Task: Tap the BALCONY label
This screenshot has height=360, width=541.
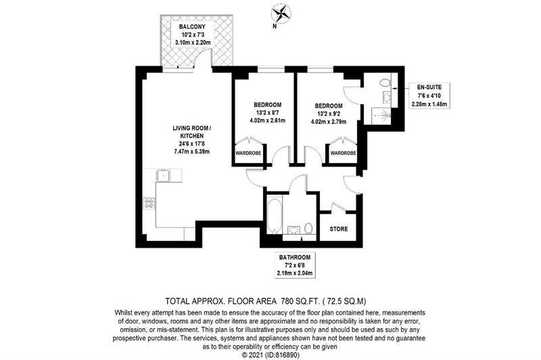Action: tap(192, 26)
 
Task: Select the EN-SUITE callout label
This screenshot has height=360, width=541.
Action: tap(429, 87)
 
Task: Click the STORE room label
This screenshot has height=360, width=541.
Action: tap(339, 229)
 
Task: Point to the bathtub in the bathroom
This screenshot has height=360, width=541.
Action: tap(275, 215)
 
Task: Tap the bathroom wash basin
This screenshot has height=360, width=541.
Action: tap(294, 230)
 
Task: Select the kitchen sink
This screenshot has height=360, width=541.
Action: tap(163, 175)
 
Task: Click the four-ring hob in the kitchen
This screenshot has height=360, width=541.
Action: tap(149, 203)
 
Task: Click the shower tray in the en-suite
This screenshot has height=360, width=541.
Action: tap(381, 115)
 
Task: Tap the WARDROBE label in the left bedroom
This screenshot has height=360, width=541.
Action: tap(248, 153)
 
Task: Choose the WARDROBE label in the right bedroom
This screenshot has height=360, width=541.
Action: tap(343, 153)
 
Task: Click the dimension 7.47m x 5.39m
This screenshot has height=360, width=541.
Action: tap(192, 151)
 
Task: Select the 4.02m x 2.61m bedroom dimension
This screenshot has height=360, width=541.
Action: tap(267, 120)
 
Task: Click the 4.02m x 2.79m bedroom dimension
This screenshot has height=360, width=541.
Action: tap(329, 122)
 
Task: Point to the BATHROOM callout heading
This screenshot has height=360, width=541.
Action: tap(295, 257)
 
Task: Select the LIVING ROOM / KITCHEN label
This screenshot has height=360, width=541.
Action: tap(192, 132)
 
